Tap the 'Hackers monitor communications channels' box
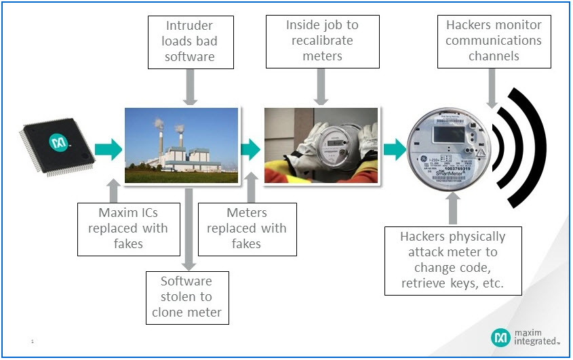pos(494,41)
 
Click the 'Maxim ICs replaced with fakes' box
pos(123,228)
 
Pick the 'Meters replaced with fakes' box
pos(246,228)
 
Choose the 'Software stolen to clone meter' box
pos(186,297)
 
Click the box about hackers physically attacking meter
pos(452,260)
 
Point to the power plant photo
pos(182,146)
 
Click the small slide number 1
pos(32,342)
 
